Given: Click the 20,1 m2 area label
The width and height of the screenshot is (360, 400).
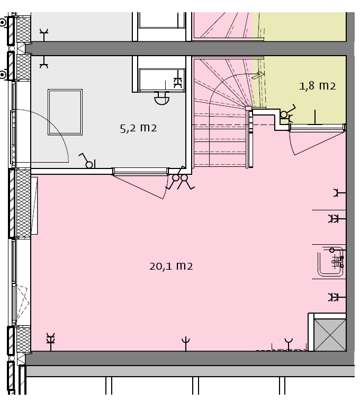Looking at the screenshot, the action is pyautogui.click(x=171, y=266).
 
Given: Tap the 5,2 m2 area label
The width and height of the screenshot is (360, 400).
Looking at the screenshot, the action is pyautogui.click(x=138, y=128).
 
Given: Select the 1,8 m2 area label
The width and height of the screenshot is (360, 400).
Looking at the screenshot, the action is pyautogui.click(x=317, y=86).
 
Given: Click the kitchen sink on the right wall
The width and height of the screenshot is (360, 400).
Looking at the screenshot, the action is pyautogui.click(x=331, y=262).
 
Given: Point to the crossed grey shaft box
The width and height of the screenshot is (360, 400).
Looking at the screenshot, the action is pyautogui.click(x=330, y=335).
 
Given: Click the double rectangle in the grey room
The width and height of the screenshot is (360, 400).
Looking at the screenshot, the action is pyautogui.click(x=65, y=112).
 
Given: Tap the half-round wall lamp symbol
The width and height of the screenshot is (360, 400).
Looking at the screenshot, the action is pyautogui.click(x=161, y=98).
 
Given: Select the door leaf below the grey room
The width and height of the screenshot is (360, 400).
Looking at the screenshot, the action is pyautogui.click(x=139, y=186).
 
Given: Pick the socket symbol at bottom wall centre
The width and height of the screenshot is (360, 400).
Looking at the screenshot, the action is pyautogui.click(x=186, y=344).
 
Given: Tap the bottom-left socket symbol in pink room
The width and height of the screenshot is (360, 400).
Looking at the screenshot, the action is pyautogui.click(x=51, y=342).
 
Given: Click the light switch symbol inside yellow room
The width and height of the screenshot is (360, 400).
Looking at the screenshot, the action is pyautogui.click(x=287, y=113).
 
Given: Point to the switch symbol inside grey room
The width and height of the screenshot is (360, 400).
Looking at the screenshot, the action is pyautogui.click(x=87, y=161).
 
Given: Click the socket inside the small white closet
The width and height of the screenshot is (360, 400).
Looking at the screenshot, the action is pyautogui.click(x=178, y=83).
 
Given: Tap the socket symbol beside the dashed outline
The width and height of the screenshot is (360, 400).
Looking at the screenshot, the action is pyautogui.click(x=289, y=344).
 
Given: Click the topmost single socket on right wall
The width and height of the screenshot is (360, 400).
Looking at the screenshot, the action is pyautogui.click(x=339, y=193).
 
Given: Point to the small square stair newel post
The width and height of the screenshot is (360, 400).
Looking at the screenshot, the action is pyautogui.click(x=248, y=108).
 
